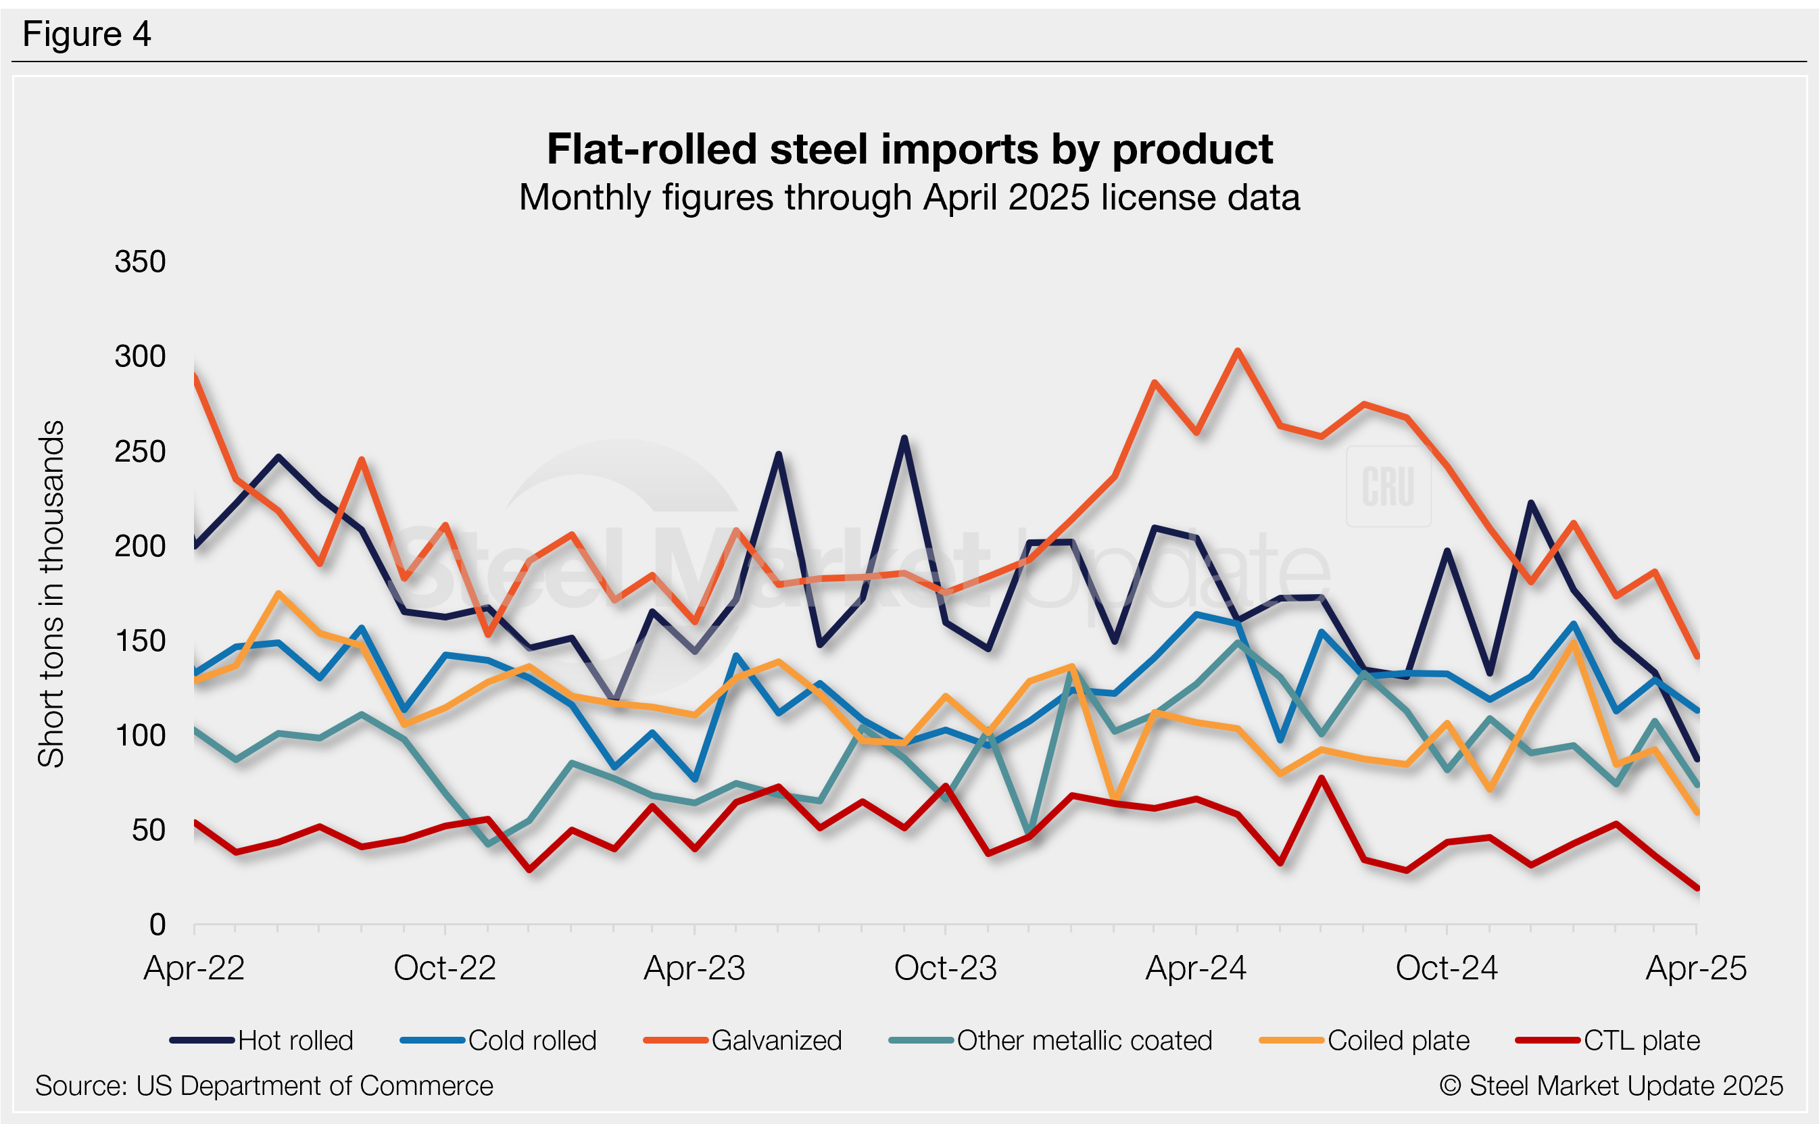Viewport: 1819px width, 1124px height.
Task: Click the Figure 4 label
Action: coord(87,34)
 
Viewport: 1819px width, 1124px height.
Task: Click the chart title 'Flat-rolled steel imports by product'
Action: coord(909,149)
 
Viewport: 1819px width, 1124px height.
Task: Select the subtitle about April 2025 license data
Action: coord(909,198)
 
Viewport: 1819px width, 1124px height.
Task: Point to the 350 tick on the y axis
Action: coord(140,262)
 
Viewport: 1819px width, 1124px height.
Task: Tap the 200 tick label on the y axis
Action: coord(140,546)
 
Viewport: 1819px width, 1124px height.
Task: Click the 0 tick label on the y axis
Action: coord(157,925)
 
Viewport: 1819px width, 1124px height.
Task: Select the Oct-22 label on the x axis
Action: coord(445,968)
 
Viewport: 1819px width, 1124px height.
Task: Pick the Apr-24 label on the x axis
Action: coord(1195,968)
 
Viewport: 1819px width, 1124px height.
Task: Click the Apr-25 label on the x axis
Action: coord(1695,968)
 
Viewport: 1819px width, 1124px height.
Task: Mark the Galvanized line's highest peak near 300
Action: coord(1237,351)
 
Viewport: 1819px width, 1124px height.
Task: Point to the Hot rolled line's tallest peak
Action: coord(904,438)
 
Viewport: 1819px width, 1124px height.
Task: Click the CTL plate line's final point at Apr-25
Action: coord(1697,887)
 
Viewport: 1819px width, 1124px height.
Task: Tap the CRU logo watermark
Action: coord(1388,486)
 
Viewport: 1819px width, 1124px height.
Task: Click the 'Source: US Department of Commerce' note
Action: coord(264,1086)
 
